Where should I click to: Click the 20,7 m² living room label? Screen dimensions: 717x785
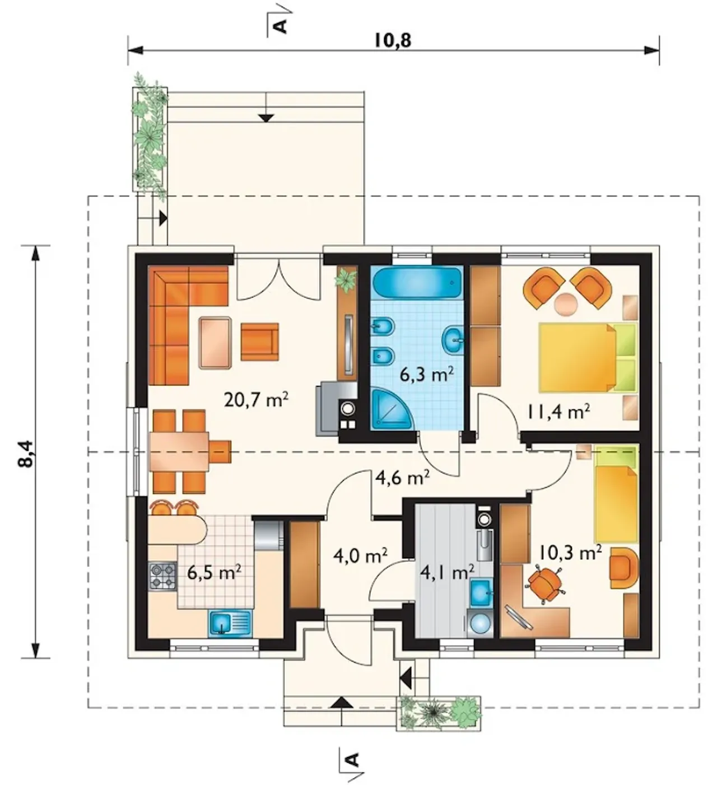257,400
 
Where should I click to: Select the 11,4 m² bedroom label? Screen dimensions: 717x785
557,412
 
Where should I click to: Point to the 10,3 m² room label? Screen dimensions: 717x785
570,553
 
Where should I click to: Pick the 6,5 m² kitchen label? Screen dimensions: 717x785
214,573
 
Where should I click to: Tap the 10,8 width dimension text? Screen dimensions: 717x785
393,40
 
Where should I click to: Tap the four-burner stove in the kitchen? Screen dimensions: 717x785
162,576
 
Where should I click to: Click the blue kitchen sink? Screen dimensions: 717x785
230,623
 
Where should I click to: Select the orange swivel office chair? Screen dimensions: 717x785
544,584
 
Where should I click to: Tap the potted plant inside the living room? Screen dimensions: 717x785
346,279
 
